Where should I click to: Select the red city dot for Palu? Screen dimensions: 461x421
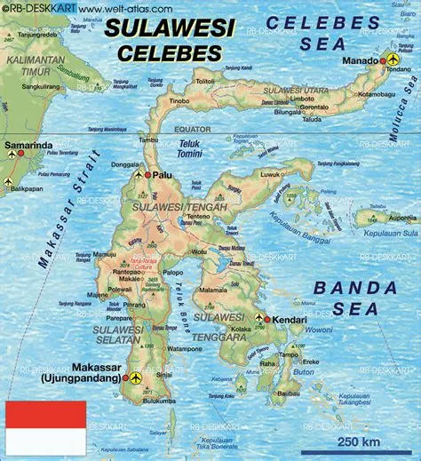[148, 175]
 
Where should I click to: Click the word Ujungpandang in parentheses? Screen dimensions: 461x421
[78, 379]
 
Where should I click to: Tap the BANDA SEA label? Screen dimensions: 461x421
[355, 298]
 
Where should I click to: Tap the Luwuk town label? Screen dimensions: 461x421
[255, 175]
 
